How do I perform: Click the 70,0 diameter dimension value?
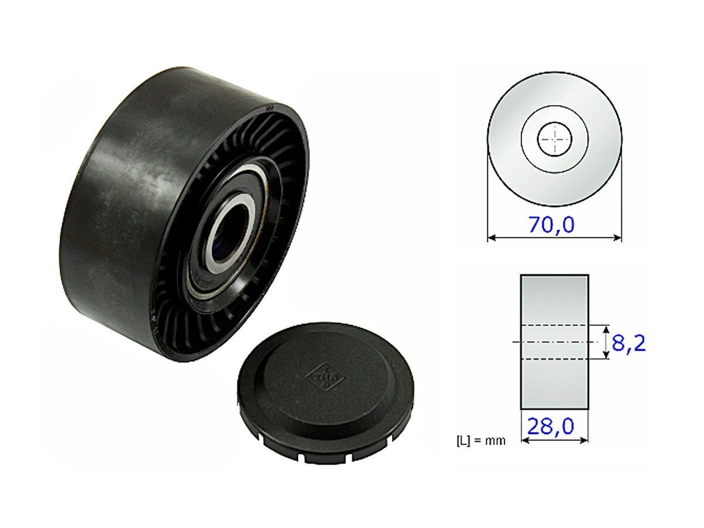pyautogui.click(x=554, y=225)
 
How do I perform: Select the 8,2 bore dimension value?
pyautogui.click(x=628, y=343)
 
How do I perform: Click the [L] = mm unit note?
pyautogui.click(x=480, y=440)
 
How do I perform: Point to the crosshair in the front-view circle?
pyautogui.click(x=554, y=139)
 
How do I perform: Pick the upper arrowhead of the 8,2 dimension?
pyautogui.click(x=605, y=329)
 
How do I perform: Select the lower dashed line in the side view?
pyautogui.click(x=554, y=358)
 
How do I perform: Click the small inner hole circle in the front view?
pyautogui.click(x=554, y=140)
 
